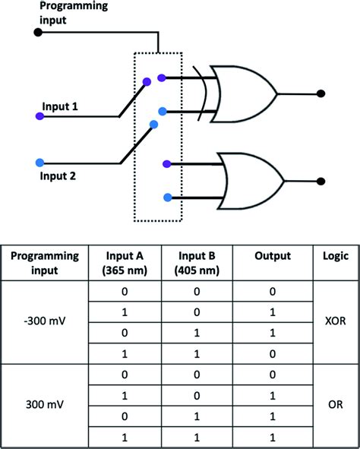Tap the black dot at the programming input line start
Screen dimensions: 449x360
(37, 32)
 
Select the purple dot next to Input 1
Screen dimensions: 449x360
(39, 116)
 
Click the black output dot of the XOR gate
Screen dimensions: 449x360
(321, 94)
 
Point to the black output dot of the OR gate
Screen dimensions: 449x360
(321, 181)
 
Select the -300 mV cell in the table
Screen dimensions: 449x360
(45, 324)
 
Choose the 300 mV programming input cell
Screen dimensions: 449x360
(45, 408)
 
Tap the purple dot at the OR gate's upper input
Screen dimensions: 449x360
(166, 163)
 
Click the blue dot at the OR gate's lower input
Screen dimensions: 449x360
(166, 198)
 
